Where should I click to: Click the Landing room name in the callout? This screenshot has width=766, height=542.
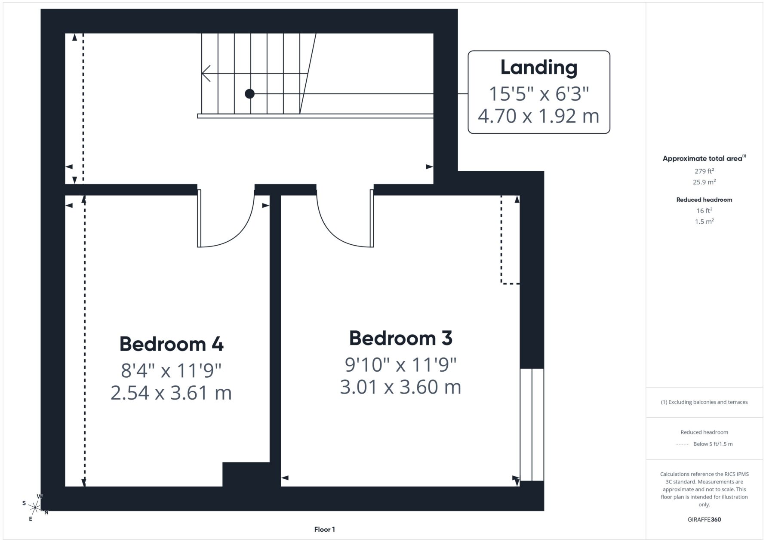point(538,68)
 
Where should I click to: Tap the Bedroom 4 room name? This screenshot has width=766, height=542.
point(171,344)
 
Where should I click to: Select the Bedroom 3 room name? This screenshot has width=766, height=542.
point(400,338)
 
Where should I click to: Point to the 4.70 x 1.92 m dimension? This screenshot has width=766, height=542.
point(538,116)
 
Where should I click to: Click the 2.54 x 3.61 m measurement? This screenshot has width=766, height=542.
point(171,393)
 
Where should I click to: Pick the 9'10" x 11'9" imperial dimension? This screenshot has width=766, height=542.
point(400,365)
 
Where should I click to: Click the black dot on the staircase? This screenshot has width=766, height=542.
point(249,93)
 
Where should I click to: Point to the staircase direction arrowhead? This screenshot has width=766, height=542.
point(206,73)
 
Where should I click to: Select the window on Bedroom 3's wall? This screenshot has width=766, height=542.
point(532,424)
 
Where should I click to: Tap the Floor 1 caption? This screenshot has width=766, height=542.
point(325,530)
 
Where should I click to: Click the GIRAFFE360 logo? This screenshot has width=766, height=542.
point(704,519)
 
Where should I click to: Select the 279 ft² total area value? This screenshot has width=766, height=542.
point(704,171)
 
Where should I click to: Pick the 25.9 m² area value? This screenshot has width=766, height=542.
point(704,182)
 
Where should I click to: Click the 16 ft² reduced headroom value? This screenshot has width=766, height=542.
point(704,210)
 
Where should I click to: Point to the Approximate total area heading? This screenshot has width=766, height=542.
point(704,158)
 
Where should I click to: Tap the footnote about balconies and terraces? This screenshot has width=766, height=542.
point(704,402)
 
